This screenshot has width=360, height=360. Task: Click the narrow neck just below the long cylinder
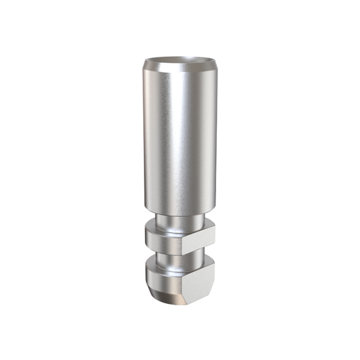177,221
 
